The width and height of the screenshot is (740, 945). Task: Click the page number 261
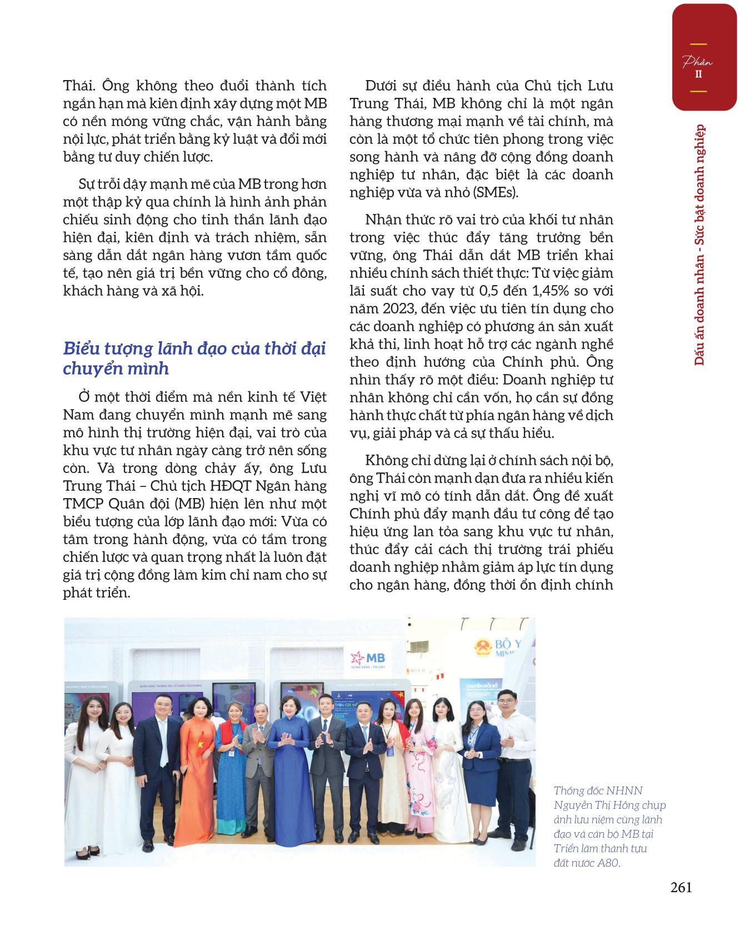point(681,887)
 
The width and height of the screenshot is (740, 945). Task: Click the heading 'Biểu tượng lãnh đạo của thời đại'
point(194,349)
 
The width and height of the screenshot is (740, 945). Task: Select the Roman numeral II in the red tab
point(698,74)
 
